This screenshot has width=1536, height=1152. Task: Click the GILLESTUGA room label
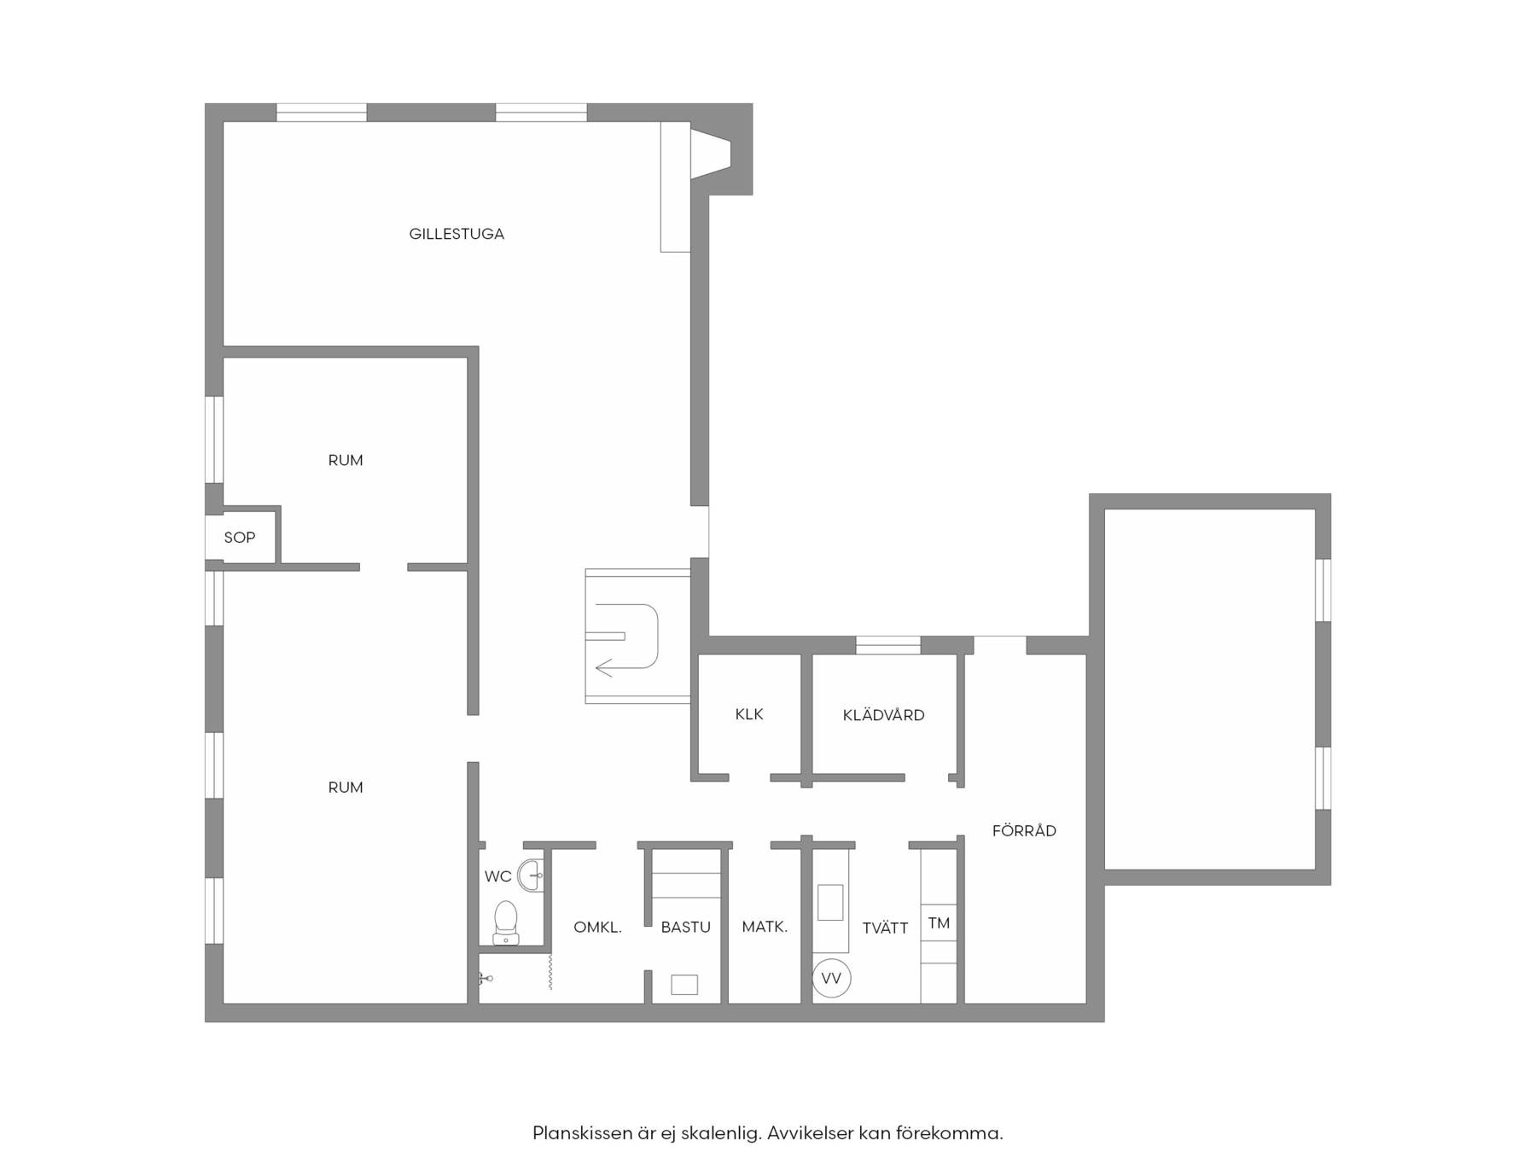[x=457, y=234]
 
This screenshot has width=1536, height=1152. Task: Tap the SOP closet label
[x=240, y=538]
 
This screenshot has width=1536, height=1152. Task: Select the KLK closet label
[x=749, y=714]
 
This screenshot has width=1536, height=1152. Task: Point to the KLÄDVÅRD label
[x=883, y=714]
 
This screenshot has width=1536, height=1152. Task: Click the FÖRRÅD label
[x=1024, y=830]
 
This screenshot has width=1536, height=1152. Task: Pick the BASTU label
[x=685, y=927]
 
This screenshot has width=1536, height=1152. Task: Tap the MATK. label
[x=765, y=927]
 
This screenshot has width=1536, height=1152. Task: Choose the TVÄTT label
[x=885, y=928]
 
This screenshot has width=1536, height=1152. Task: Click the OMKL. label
[x=597, y=927]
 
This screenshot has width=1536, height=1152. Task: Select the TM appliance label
[x=939, y=923]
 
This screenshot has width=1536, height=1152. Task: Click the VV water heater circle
[x=831, y=978]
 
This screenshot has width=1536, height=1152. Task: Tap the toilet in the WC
[x=506, y=922]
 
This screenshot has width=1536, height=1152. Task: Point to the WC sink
[x=533, y=876]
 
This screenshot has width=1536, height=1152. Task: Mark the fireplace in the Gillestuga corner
[x=712, y=154]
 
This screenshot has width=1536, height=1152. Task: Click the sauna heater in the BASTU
[x=684, y=985]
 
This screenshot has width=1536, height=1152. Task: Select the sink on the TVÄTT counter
[x=830, y=903]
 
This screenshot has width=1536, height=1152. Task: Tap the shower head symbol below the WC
[x=486, y=979]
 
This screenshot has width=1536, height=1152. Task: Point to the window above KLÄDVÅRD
[x=887, y=645]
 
